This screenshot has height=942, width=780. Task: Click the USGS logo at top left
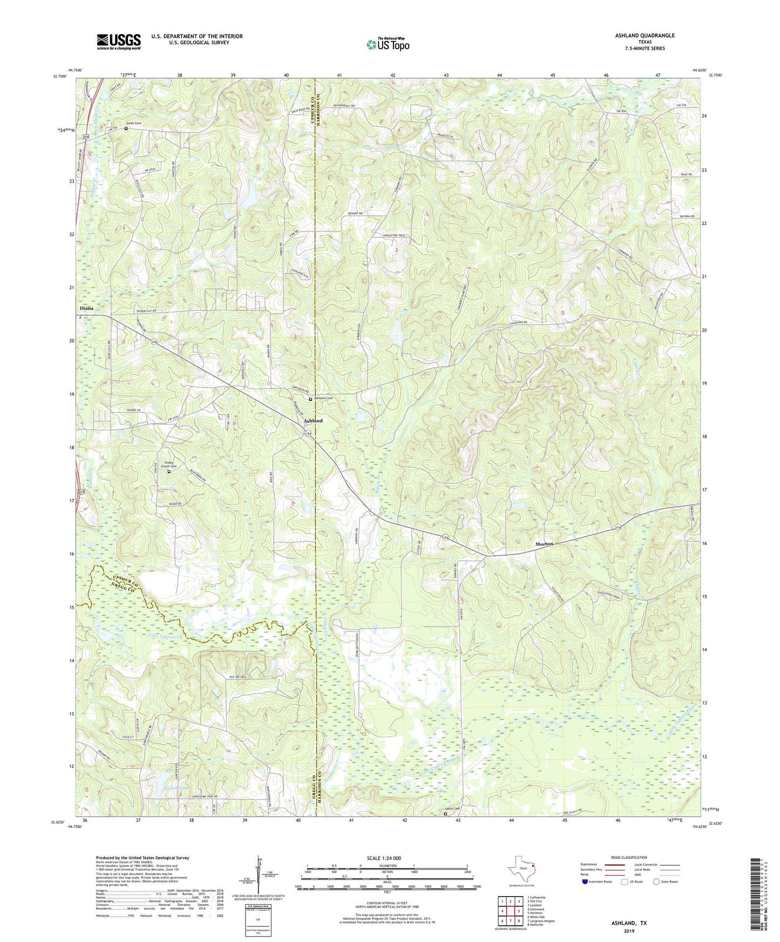pos(119,41)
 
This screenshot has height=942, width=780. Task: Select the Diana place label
pos(86,308)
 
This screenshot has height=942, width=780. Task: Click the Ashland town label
pos(313,420)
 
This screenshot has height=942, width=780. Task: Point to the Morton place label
pos(544,544)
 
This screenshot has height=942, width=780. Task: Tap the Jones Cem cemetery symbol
pos(126,128)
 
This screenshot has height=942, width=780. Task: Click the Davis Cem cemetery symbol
pos(445,815)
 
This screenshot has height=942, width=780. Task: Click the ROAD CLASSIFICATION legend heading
pos(629,857)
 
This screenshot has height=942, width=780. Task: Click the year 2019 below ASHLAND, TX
pos(629,931)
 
